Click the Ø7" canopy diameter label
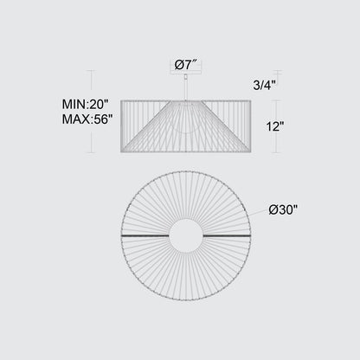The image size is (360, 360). coord(186,65)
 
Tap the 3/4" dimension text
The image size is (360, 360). coord(264,85)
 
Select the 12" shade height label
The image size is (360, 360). coord(275,126)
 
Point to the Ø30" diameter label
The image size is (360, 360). coord(283,209)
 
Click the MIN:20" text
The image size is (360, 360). coord(86,104)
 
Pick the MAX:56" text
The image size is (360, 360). coord(87,119)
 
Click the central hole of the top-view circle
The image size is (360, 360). coord(186,235)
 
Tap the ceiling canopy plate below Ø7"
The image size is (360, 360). coord(186,72)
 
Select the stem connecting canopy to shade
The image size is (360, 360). coord(186,90)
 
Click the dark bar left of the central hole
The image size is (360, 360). coord(145,235)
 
